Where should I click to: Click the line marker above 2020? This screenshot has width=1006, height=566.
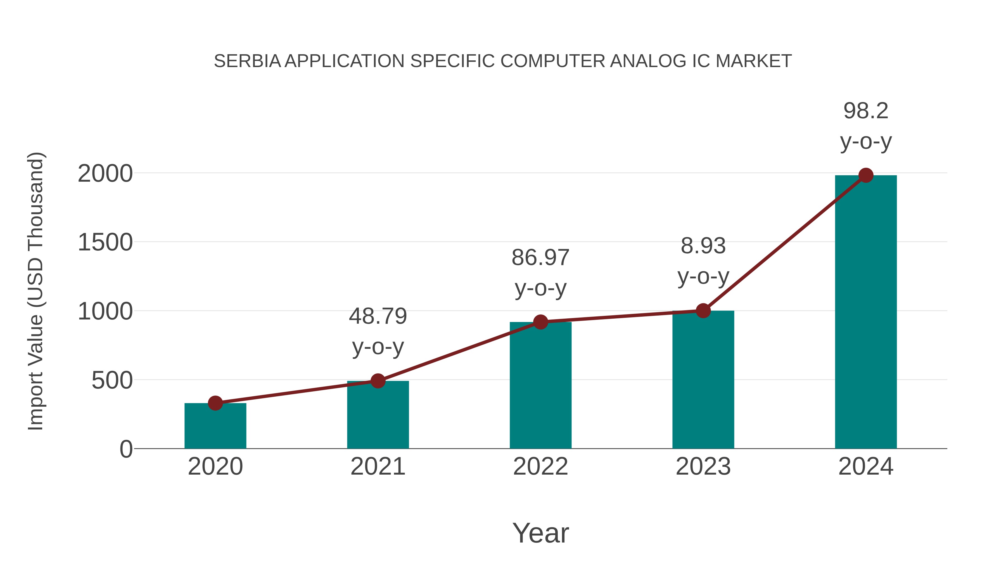(x=215, y=403)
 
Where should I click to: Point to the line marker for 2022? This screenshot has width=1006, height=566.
(x=540, y=322)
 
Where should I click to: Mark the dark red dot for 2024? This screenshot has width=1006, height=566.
(x=866, y=175)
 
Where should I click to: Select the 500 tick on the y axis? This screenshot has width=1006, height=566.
(x=112, y=380)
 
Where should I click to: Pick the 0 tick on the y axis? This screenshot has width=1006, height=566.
(x=126, y=449)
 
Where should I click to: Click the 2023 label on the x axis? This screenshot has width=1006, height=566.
(x=703, y=466)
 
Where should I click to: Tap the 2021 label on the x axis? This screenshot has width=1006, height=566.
(x=378, y=466)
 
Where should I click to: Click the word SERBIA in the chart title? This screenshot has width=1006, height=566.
(x=247, y=61)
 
